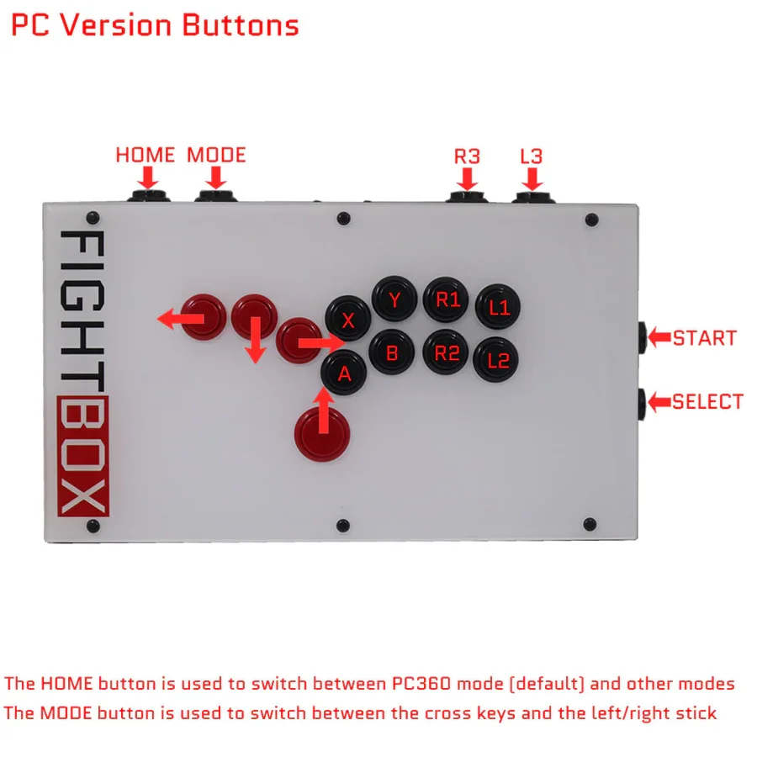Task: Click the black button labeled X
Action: (348, 319)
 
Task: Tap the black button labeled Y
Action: (394, 299)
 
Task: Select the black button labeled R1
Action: (447, 299)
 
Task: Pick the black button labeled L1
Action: (499, 307)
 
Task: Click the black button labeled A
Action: (344, 373)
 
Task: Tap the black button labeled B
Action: (392, 352)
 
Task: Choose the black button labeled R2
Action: (446, 352)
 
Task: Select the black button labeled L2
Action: (498, 360)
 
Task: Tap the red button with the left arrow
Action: (204, 316)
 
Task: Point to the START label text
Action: (705, 338)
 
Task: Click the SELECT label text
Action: (707, 401)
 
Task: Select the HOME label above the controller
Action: (146, 155)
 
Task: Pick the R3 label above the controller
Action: (467, 156)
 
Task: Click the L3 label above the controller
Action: (532, 156)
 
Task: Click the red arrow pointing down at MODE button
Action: (216, 177)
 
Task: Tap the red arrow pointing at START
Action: (657, 338)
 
